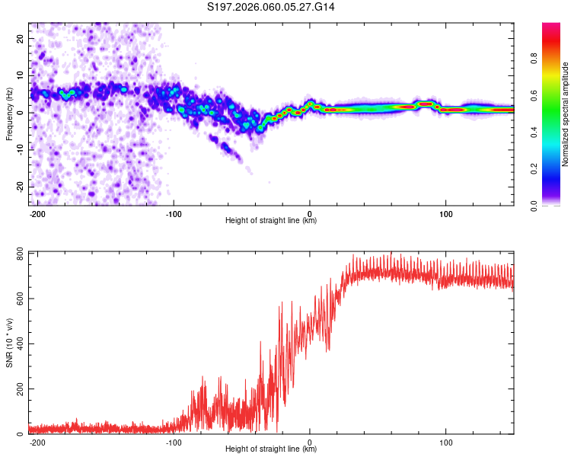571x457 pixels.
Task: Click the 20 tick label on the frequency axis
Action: pos(21,38)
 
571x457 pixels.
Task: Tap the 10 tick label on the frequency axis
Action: pos(21,75)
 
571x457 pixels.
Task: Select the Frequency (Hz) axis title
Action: pos(9,113)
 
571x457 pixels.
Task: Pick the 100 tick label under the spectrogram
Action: pos(445,213)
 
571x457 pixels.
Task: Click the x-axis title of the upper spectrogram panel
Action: pos(271,221)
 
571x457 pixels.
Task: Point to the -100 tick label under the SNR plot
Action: pos(173,441)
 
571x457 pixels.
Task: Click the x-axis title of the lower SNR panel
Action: pos(271,449)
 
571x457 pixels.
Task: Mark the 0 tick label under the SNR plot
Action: pos(310,441)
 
